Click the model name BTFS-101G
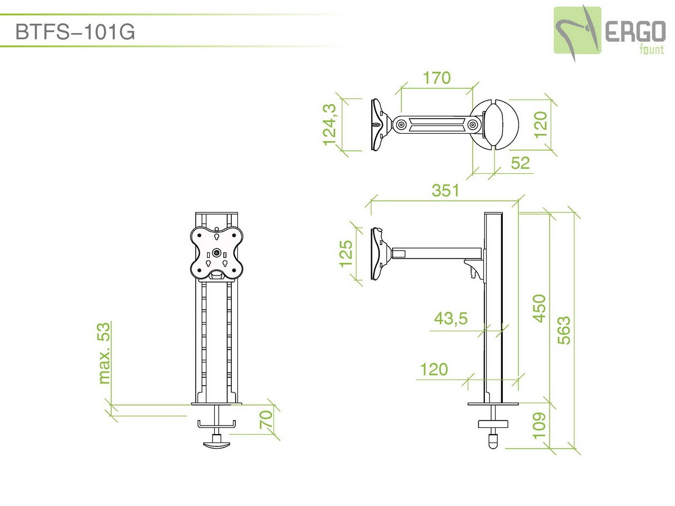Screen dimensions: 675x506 pyautogui.click(x=75, y=31)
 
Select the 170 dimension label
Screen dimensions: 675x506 pyautogui.click(x=436, y=78)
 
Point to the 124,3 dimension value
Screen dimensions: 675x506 pyautogui.click(x=330, y=124)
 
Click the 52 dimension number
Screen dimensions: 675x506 pyautogui.click(x=520, y=163)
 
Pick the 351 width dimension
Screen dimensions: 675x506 pyautogui.click(x=445, y=190)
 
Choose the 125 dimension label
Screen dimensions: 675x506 pyautogui.click(x=345, y=254)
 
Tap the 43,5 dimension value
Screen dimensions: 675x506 pyautogui.click(x=451, y=318)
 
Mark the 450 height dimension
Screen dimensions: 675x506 pyautogui.click(x=539, y=309)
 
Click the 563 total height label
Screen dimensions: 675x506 pyautogui.click(x=564, y=330)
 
